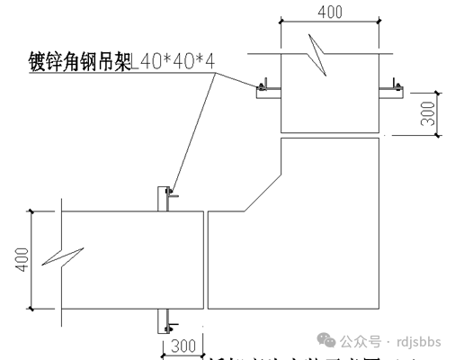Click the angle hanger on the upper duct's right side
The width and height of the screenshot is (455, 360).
(392, 88)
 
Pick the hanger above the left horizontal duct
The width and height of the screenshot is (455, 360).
(166, 198)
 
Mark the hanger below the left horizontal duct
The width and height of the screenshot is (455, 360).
(166, 318)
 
